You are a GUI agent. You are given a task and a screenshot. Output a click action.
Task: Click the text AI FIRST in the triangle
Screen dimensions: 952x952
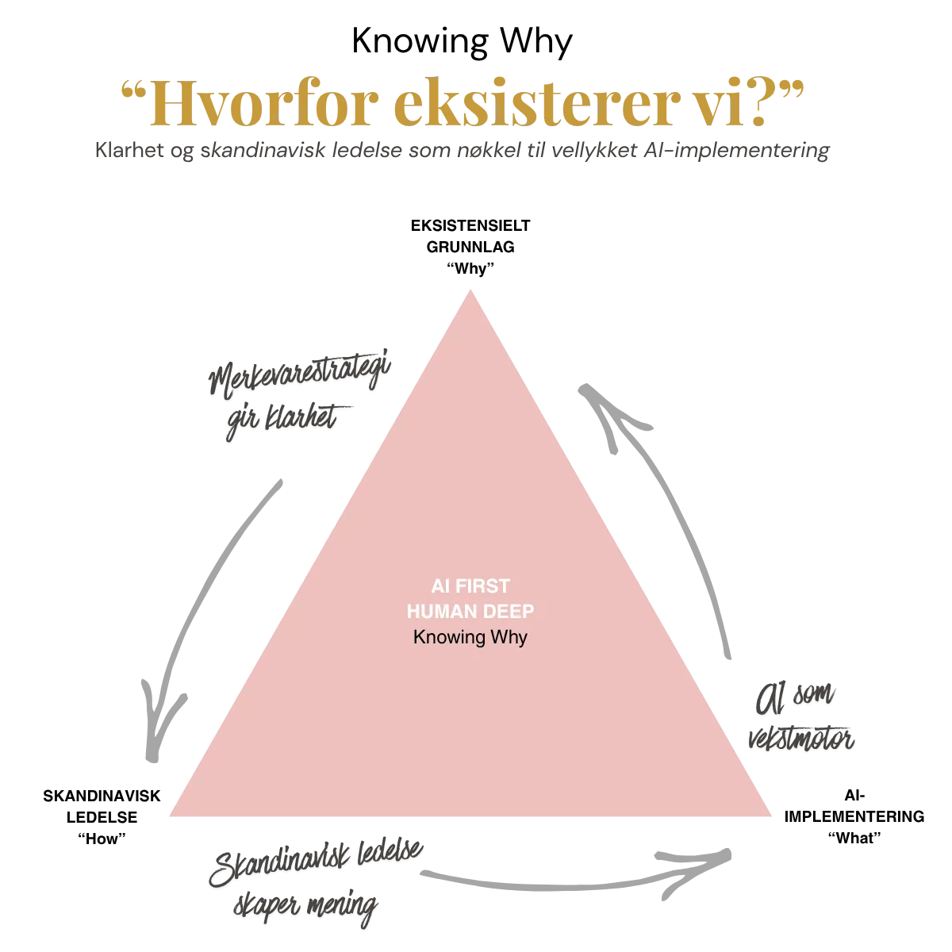pos(470,586)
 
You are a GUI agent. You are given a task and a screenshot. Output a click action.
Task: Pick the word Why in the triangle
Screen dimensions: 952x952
pos(509,637)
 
